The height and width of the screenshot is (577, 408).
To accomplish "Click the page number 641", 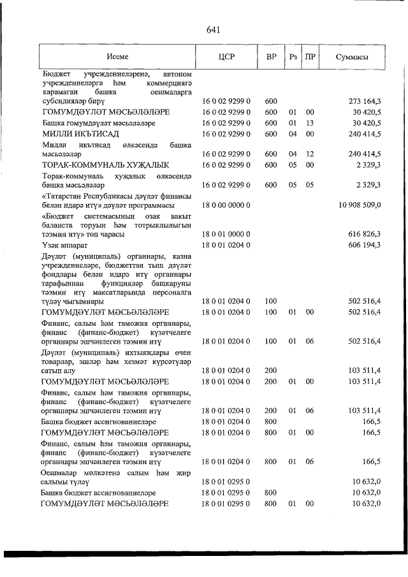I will click(x=213, y=29).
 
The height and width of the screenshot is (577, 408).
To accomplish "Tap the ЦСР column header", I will click(x=227, y=57).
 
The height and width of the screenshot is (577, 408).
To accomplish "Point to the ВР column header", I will click(x=270, y=57).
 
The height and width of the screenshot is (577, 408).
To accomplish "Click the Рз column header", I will click(x=293, y=57).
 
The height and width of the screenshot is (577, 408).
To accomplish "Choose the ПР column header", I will click(x=310, y=57).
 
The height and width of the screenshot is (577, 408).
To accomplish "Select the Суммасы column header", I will click(x=352, y=57).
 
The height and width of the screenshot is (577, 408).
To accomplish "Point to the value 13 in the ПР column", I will click(x=310, y=123).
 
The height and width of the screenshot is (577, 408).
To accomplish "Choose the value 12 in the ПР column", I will click(x=310, y=154).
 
